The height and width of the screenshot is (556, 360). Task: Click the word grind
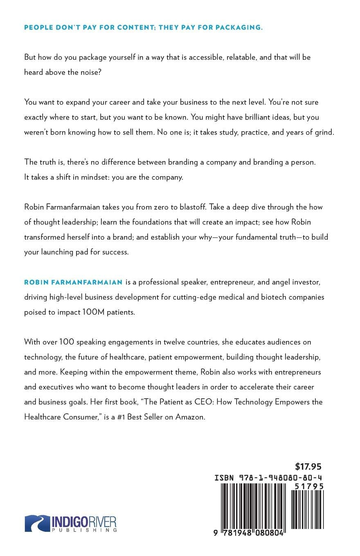tap(324, 132)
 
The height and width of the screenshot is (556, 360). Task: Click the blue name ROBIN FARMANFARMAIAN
tap(74, 282)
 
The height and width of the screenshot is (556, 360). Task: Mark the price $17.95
tap(308, 466)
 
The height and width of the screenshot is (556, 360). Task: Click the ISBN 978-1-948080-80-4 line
tap(269, 478)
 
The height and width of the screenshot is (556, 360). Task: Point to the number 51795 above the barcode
tap(309, 486)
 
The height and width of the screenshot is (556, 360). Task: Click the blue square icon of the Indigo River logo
tap(37, 523)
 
